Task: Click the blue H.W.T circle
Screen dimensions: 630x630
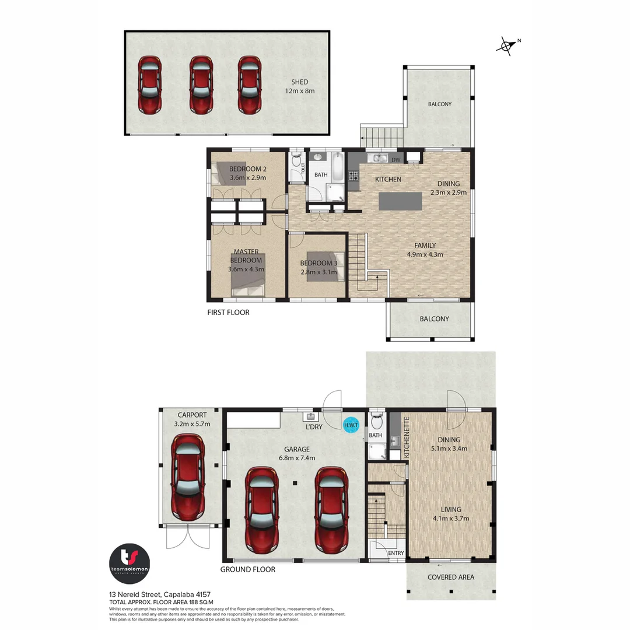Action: [351, 425]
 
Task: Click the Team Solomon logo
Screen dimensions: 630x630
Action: [131, 561]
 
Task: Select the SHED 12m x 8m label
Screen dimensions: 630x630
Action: [300, 86]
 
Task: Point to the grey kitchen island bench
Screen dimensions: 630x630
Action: [400, 201]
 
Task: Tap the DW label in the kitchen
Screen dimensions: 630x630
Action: [395, 160]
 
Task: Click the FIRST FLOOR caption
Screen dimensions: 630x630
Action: [228, 313]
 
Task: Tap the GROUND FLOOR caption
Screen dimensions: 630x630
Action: [247, 569]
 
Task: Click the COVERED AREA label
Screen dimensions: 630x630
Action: [450, 577]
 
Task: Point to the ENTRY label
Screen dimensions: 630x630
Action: [395, 553]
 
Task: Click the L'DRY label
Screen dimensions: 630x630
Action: [314, 428]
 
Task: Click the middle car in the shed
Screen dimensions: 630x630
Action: [200, 85]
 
